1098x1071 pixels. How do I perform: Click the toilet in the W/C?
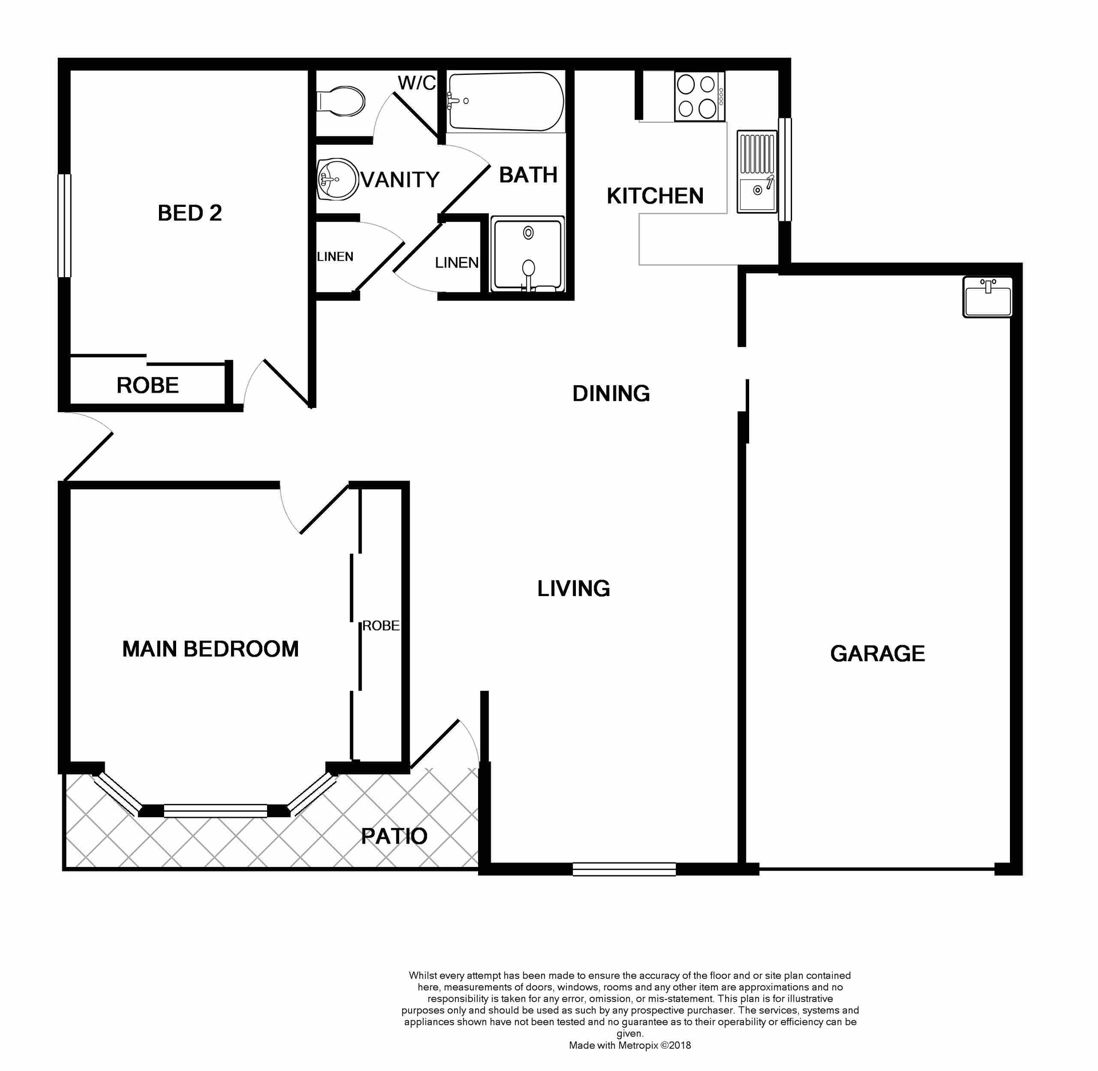click(343, 102)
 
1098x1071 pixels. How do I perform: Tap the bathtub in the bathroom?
click(506, 101)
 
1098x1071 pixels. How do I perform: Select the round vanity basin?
click(337, 179)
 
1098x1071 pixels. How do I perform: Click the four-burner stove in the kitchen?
click(699, 96)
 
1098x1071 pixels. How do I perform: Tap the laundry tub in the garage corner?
click(987, 297)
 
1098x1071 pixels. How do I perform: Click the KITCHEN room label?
click(655, 196)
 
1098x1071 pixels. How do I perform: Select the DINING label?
click(611, 393)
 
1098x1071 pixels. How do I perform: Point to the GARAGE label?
click(877, 653)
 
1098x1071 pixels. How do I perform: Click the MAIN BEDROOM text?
click(210, 649)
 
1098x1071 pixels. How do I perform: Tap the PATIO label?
click(394, 836)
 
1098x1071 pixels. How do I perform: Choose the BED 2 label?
click(189, 213)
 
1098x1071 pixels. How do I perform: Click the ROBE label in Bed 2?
click(148, 385)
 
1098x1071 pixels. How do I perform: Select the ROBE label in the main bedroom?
click(380, 626)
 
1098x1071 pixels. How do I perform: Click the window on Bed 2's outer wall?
click(65, 225)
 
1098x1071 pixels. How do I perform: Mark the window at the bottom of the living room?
click(624, 869)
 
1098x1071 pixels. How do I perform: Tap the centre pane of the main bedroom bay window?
click(216, 810)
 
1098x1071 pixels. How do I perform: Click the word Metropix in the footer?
click(638, 1045)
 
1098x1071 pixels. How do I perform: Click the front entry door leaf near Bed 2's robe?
click(89, 456)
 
